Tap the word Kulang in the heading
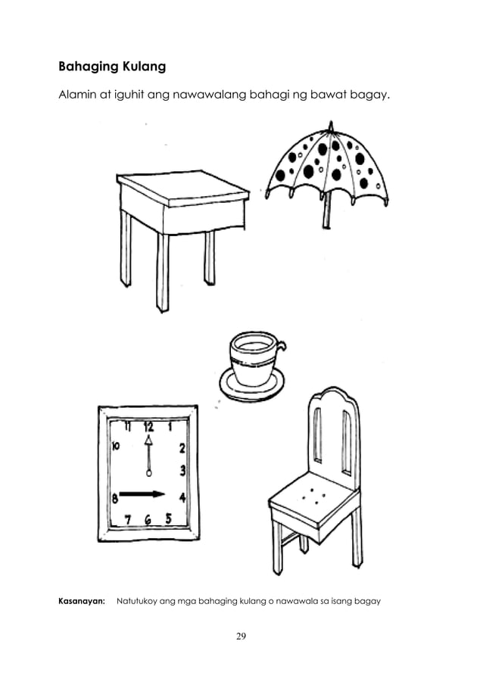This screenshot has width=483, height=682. (141, 67)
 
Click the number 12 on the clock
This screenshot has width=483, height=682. (148, 425)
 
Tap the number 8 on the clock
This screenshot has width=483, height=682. (114, 498)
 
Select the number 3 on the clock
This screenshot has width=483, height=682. (182, 471)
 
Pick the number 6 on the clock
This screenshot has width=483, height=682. (148, 520)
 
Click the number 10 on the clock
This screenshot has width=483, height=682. (116, 447)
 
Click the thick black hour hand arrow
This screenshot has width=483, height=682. (142, 495)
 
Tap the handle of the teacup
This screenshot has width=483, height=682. (281, 347)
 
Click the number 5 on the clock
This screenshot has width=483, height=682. (169, 518)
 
